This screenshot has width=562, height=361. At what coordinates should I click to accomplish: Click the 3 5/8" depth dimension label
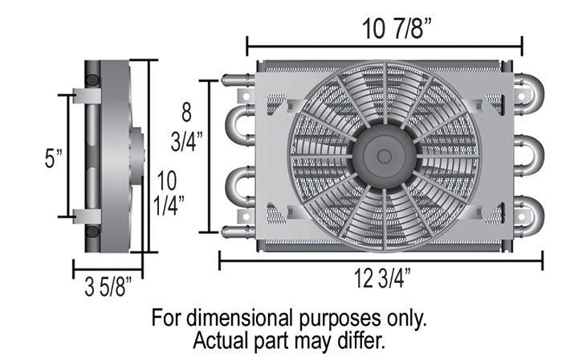click(108, 286)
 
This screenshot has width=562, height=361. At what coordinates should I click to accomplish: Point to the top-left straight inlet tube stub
click(235, 80)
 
